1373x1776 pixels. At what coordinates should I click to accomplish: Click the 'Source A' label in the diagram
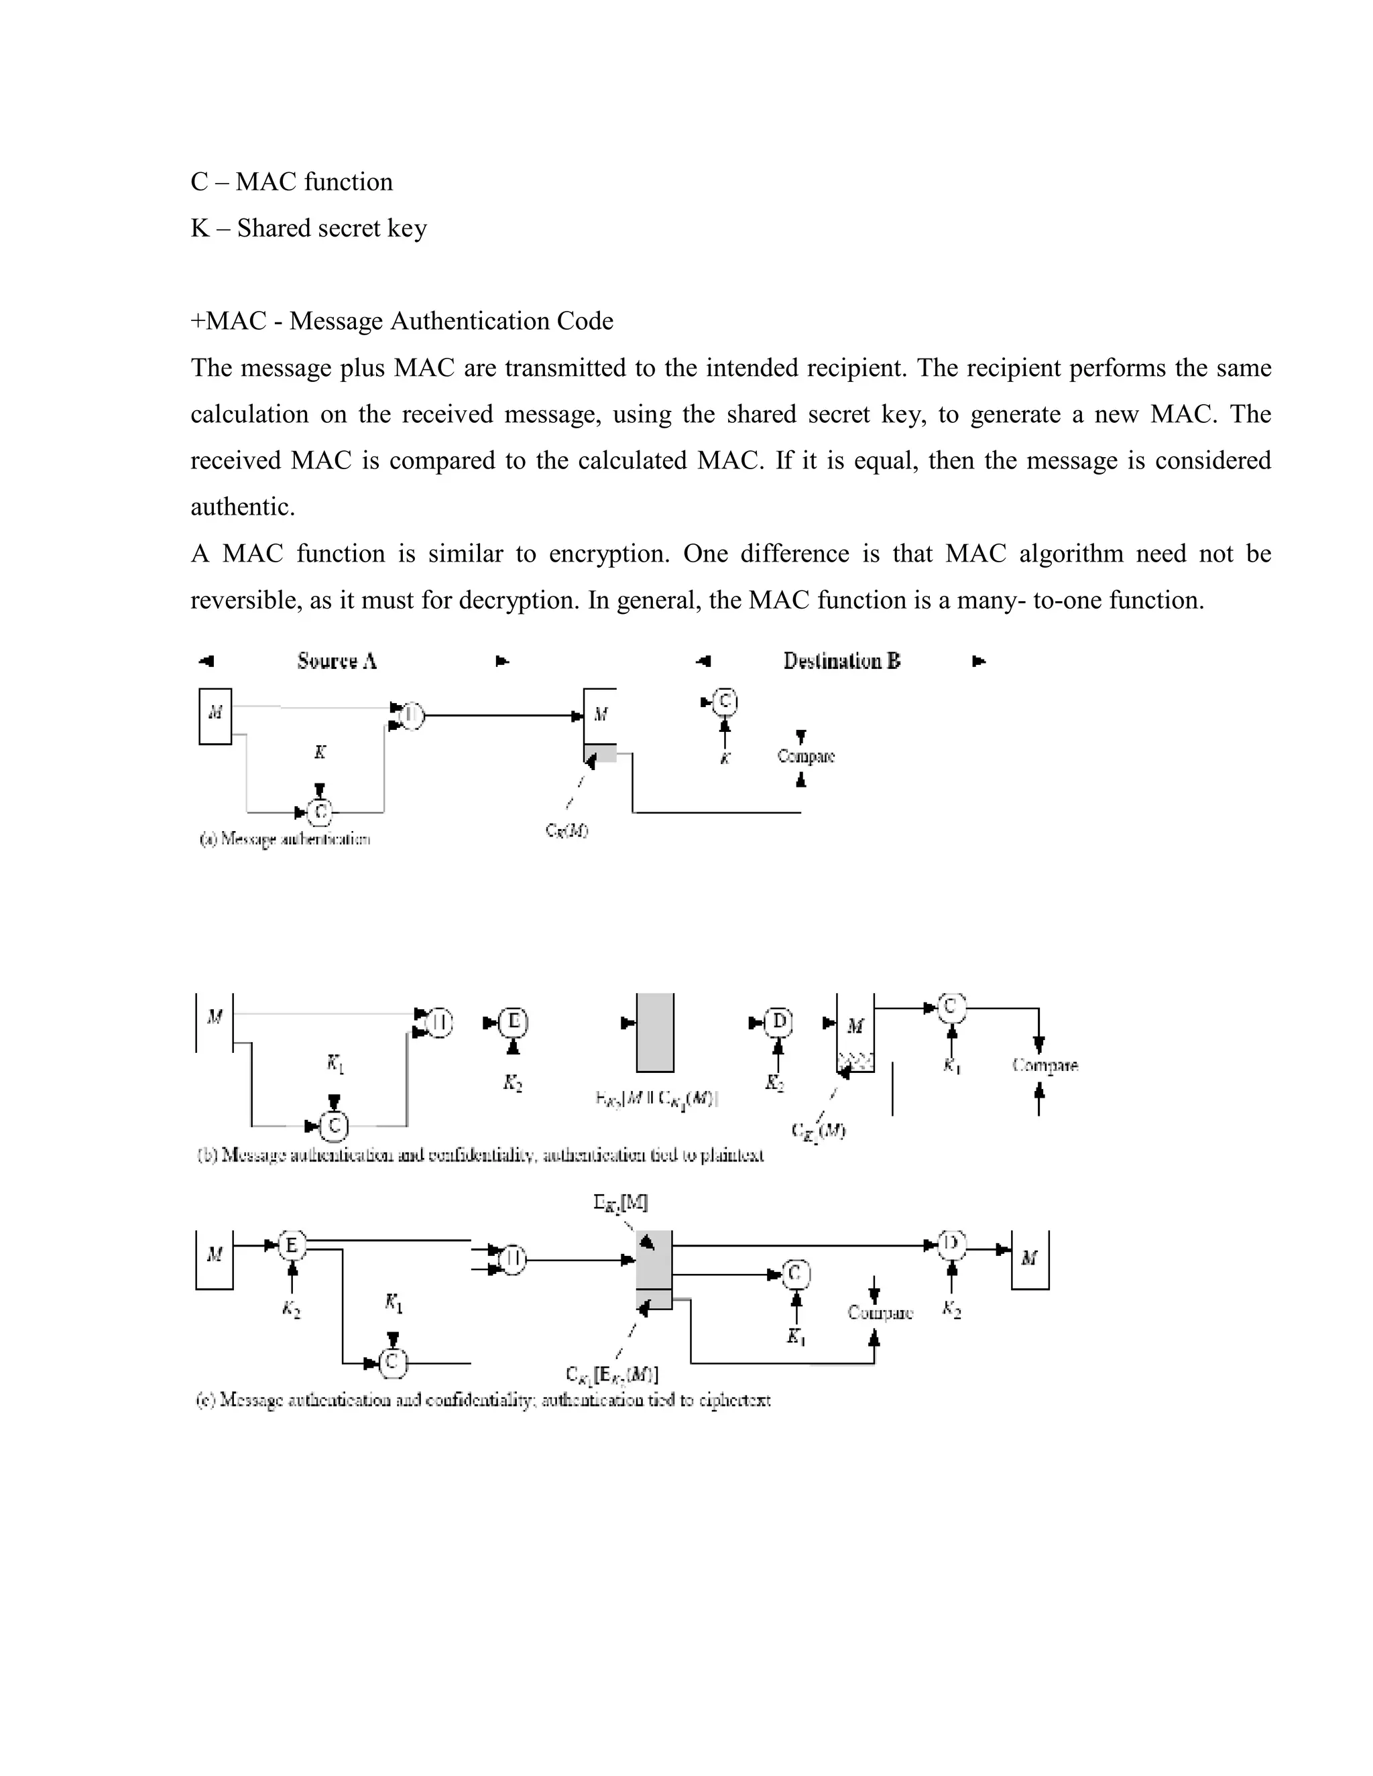coord(337,661)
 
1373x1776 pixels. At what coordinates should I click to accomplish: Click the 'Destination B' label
coord(842,661)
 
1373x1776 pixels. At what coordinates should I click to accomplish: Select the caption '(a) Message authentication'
coord(285,839)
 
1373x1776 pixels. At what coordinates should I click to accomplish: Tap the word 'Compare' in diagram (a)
coord(805,756)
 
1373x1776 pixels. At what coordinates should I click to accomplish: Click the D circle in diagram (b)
coord(778,1021)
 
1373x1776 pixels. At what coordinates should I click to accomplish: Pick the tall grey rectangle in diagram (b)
coord(655,1033)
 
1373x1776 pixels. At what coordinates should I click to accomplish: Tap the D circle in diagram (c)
coord(951,1244)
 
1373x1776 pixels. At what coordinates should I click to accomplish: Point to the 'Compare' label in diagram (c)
coord(880,1312)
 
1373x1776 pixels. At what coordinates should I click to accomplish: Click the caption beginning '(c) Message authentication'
coord(483,1400)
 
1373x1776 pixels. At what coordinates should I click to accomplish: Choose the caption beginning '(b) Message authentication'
coord(480,1155)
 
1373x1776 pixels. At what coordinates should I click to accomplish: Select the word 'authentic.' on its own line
coord(243,507)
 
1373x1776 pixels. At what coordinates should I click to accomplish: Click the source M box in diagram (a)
coord(215,716)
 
